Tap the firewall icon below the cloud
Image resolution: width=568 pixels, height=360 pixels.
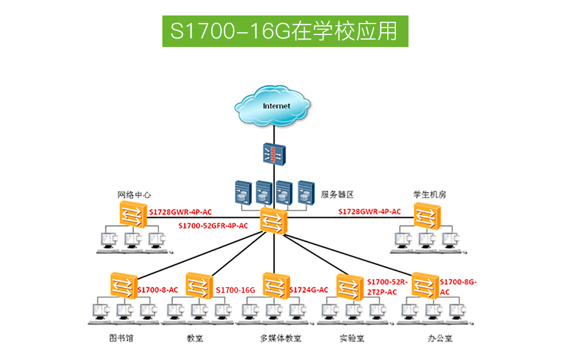click(273, 154)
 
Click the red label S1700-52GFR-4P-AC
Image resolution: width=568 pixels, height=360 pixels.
click(213, 226)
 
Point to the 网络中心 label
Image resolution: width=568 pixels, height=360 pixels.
click(134, 194)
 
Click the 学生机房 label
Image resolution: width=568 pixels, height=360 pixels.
click(430, 194)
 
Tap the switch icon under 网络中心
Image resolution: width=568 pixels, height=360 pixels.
click(134, 214)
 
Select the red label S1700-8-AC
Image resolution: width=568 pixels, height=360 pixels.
click(158, 290)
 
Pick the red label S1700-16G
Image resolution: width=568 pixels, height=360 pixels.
click(235, 290)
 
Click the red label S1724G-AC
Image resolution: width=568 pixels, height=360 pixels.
click(309, 290)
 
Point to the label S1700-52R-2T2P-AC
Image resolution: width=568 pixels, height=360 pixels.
click(386, 287)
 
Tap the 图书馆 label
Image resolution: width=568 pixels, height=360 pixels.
click(121, 338)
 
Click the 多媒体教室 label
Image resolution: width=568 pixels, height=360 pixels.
click(281, 338)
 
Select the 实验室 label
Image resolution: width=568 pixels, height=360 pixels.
click(352, 338)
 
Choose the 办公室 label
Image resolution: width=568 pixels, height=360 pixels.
click(440, 338)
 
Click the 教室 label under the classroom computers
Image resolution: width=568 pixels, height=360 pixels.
click(195, 338)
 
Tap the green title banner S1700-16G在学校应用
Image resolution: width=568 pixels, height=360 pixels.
click(285, 31)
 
